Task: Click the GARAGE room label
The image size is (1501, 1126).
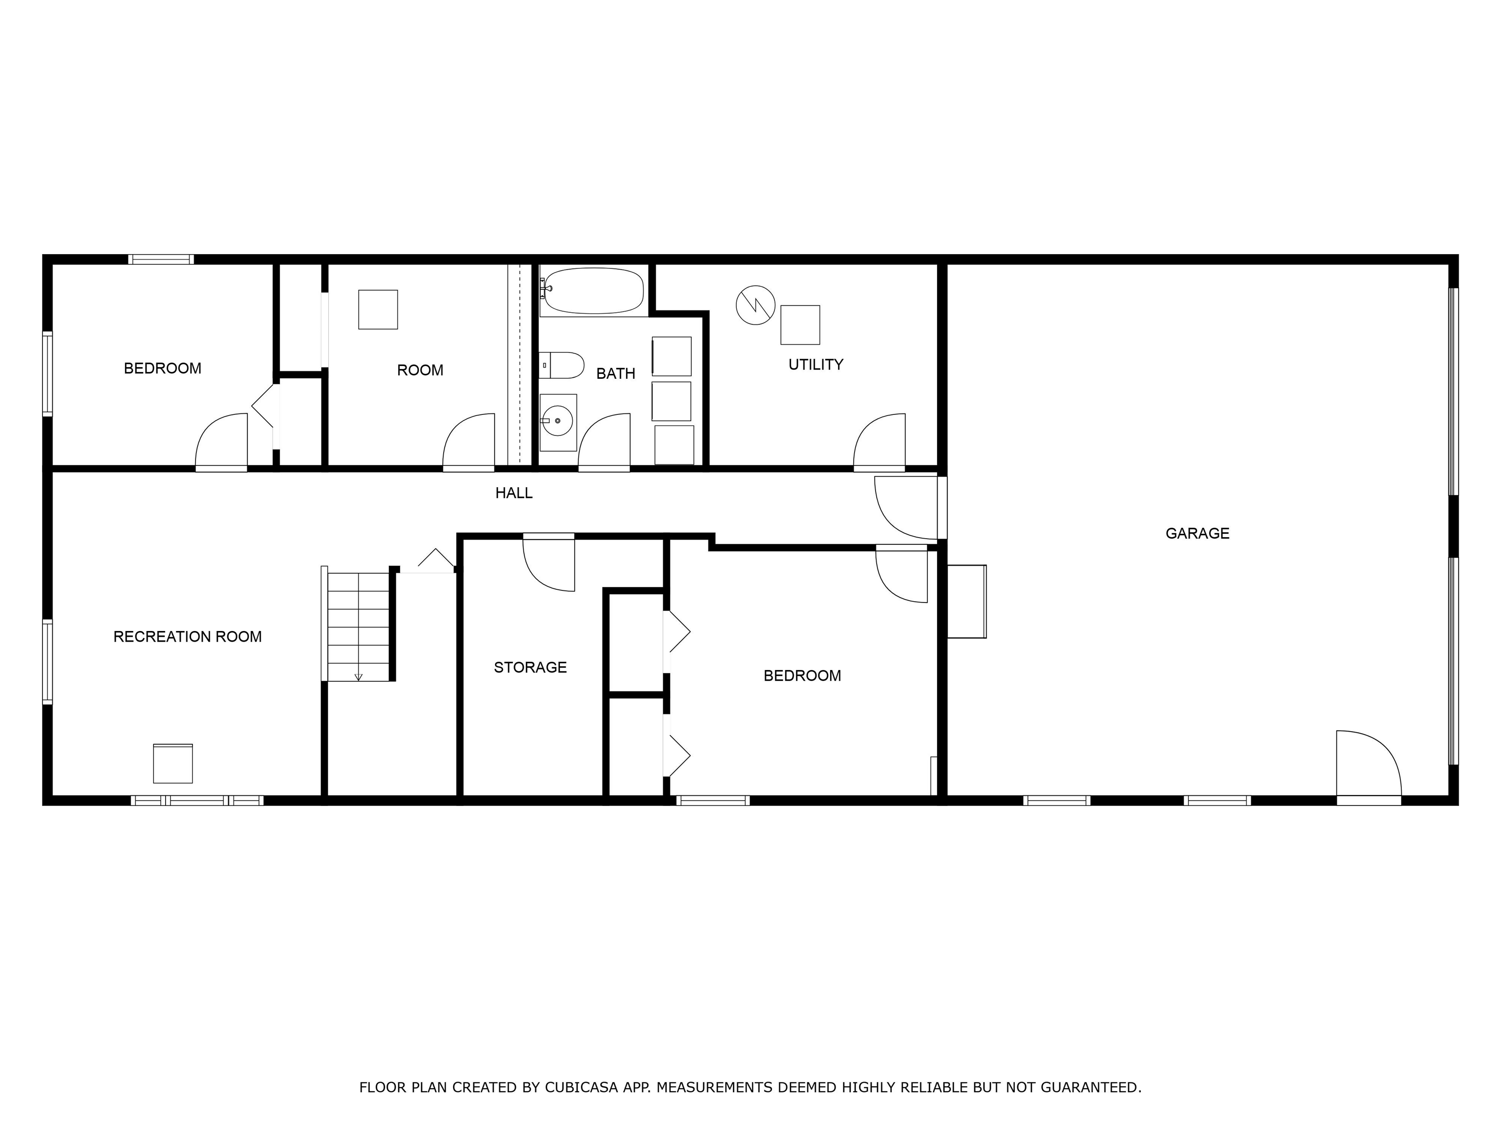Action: click(x=1197, y=534)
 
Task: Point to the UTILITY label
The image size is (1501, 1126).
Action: click(x=815, y=365)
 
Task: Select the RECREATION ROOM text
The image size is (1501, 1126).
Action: click(x=187, y=637)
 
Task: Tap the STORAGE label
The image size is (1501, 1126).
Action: click(x=530, y=667)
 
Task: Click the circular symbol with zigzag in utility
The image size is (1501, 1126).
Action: click(x=755, y=305)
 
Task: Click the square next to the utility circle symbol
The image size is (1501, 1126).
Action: click(x=800, y=325)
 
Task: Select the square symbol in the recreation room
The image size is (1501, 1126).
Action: click(x=173, y=763)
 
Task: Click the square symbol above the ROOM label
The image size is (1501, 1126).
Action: click(x=378, y=309)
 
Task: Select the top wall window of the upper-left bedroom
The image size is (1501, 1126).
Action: click(x=161, y=260)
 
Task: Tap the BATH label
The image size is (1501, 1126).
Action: click(x=616, y=373)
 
